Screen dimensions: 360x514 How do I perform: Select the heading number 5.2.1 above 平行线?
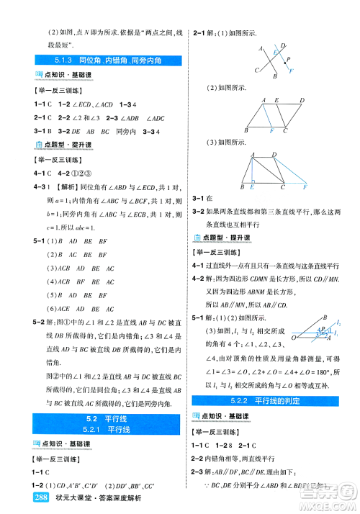pos(94,430)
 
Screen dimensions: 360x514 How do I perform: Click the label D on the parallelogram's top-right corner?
pos(302,101)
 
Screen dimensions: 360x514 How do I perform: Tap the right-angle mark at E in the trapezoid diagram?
pos(254,181)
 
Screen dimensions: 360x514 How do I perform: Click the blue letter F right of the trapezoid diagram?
pos(305,186)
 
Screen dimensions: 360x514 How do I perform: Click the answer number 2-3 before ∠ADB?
pos(112,118)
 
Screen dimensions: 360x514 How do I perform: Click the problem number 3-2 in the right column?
pos(199,211)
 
